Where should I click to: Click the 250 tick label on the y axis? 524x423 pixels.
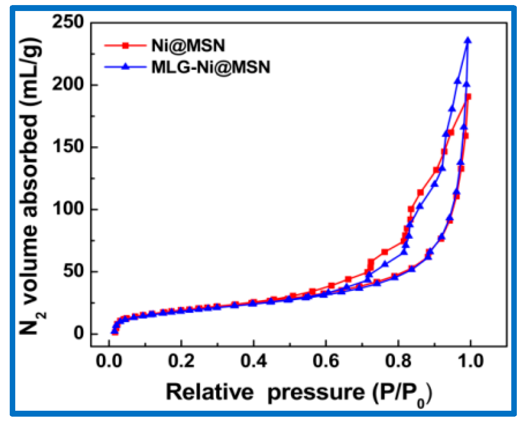tap(68, 22)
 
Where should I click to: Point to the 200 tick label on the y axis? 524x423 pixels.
tap(68, 85)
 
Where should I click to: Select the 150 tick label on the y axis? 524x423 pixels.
tap(68, 147)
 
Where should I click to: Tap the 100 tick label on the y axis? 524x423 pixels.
tap(68, 209)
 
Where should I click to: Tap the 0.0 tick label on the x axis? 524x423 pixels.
tap(109, 361)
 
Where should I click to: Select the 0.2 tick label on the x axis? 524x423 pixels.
tap(181, 361)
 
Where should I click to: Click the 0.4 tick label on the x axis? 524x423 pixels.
tap(253, 361)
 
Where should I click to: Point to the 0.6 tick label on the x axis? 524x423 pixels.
tap(326, 361)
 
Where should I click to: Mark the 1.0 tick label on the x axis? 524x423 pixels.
tap(470, 361)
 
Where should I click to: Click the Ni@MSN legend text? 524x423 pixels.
tap(188, 46)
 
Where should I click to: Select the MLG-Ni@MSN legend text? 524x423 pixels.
tap(211, 67)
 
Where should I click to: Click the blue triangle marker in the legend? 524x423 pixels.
tap(125, 66)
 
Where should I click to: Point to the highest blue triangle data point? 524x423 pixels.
tap(468, 41)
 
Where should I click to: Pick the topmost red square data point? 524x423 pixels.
tap(468, 97)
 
